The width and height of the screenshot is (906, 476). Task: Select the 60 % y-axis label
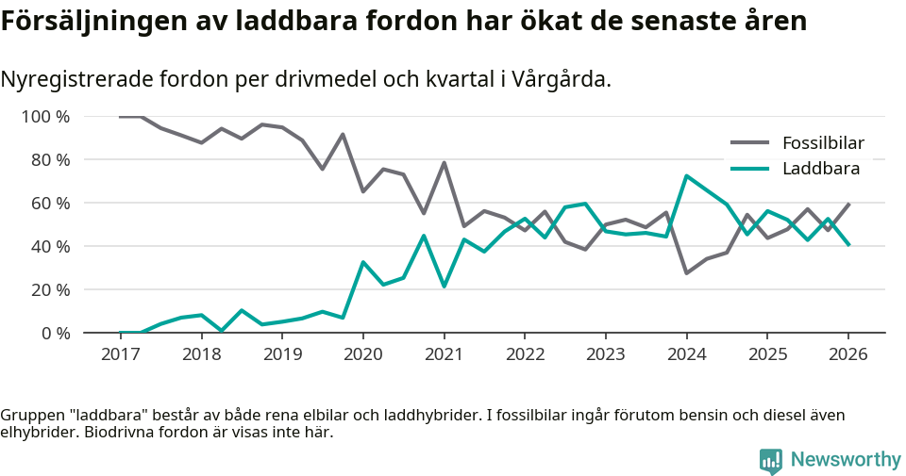tap(50, 204)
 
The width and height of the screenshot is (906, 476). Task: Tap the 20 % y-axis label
tap(50, 289)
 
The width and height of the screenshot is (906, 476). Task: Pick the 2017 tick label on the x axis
tap(121, 354)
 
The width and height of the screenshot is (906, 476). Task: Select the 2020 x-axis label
tap(363, 354)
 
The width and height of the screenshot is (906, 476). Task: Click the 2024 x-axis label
tap(686, 354)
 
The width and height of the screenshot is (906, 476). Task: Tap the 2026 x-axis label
tap(847, 354)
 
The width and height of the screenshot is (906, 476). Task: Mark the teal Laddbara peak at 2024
tap(686, 176)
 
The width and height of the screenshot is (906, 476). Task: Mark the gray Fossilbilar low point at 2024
tap(686, 273)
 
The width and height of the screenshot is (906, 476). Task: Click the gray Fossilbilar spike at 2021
tap(444, 163)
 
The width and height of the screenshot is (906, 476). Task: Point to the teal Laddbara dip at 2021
tap(444, 287)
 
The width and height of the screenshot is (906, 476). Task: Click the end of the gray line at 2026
tap(847, 205)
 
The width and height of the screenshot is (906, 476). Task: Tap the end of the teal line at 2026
tap(847, 245)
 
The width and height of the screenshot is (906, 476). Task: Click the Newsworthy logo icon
tap(771, 460)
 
